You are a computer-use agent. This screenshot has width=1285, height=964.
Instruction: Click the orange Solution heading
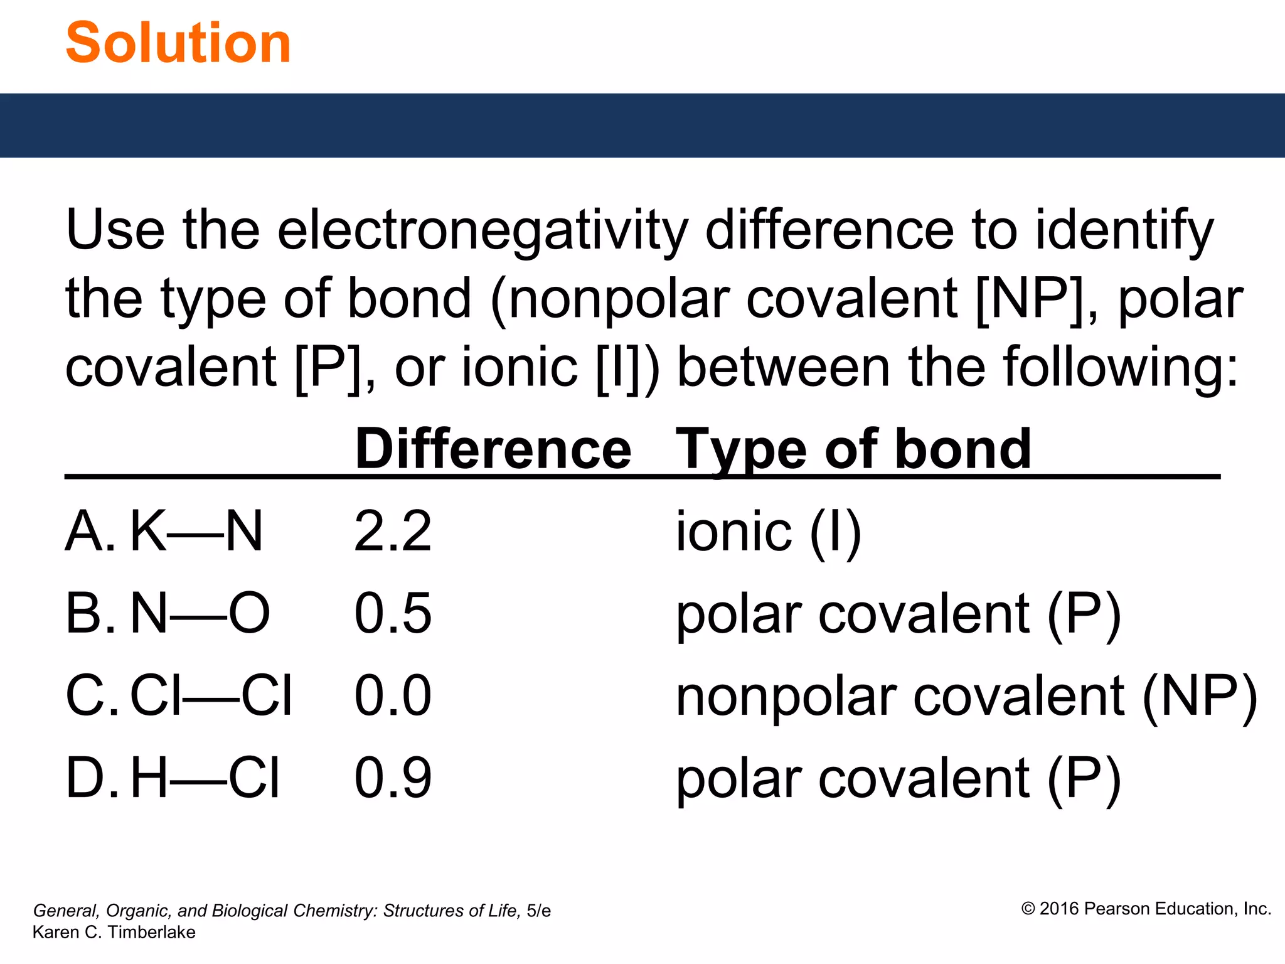coord(178,43)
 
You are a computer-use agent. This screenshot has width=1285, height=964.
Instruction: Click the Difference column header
coord(493,449)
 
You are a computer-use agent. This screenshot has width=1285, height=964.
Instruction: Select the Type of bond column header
coord(853,449)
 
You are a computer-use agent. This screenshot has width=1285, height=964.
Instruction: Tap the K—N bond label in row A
coord(196,532)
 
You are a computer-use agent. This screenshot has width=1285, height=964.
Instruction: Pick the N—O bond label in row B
coord(200,614)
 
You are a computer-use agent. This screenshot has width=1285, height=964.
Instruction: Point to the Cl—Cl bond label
coord(211,696)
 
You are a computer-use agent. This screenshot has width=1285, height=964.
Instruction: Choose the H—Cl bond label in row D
coord(205,778)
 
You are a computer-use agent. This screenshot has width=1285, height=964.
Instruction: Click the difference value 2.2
coord(393,532)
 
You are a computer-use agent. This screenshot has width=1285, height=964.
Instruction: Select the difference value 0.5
coord(393,614)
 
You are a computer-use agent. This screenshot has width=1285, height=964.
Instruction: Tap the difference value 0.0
coord(393,696)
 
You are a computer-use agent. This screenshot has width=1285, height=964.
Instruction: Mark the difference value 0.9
coord(393,778)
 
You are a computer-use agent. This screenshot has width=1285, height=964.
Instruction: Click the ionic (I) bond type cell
coord(769,532)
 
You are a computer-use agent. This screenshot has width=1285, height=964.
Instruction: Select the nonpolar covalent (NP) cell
coord(966,696)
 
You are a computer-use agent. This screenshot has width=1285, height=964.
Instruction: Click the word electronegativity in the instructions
coord(483,231)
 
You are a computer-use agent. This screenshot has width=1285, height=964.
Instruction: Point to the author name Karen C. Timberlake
coord(114,932)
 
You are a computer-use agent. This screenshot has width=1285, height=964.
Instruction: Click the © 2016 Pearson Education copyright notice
coord(1146,909)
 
